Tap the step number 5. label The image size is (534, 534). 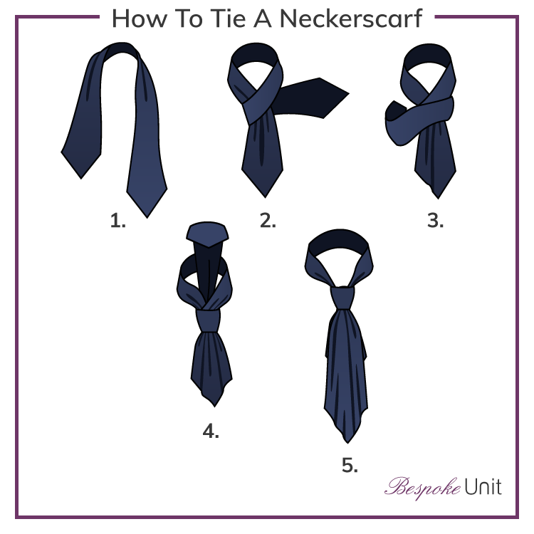(x=350, y=466)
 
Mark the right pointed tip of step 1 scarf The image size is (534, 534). (x=147, y=214)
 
